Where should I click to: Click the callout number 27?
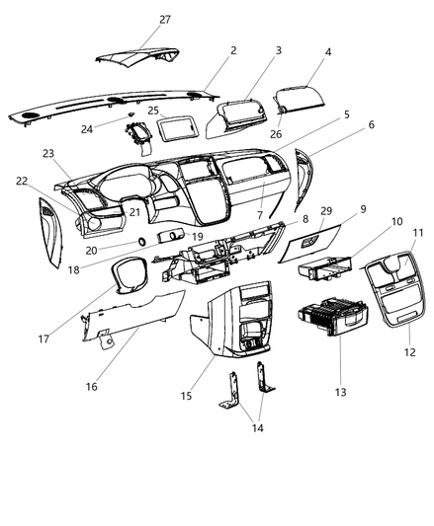[x=164, y=19]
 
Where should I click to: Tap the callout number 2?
[x=232, y=49]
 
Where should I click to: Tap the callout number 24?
[x=115, y=129]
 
